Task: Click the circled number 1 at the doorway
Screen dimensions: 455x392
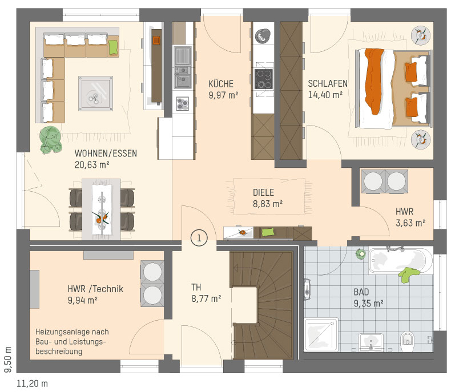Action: [199, 238]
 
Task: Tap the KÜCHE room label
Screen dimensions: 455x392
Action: [221, 84]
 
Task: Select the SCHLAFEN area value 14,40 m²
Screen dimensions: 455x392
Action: [325, 95]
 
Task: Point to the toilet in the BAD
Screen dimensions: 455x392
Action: [407, 341]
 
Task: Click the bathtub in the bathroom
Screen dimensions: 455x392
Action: [400, 261]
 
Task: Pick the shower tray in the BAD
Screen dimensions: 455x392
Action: [321, 334]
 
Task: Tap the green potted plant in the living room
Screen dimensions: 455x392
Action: [51, 140]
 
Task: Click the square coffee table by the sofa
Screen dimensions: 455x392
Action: [95, 94]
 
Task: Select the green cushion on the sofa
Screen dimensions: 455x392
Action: [113, 47]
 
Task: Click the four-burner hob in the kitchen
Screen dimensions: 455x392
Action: [264, 79]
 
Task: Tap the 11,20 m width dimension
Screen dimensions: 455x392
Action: [32, 383]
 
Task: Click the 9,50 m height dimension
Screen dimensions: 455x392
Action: [8, 359]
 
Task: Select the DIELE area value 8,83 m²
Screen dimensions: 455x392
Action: [268, 204]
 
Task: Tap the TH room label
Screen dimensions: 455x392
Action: [196, 287]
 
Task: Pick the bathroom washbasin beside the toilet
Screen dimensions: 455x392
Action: [371, 342]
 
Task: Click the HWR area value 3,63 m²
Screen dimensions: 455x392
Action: [410, 223]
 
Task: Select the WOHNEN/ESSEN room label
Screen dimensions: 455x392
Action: [106, 153]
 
